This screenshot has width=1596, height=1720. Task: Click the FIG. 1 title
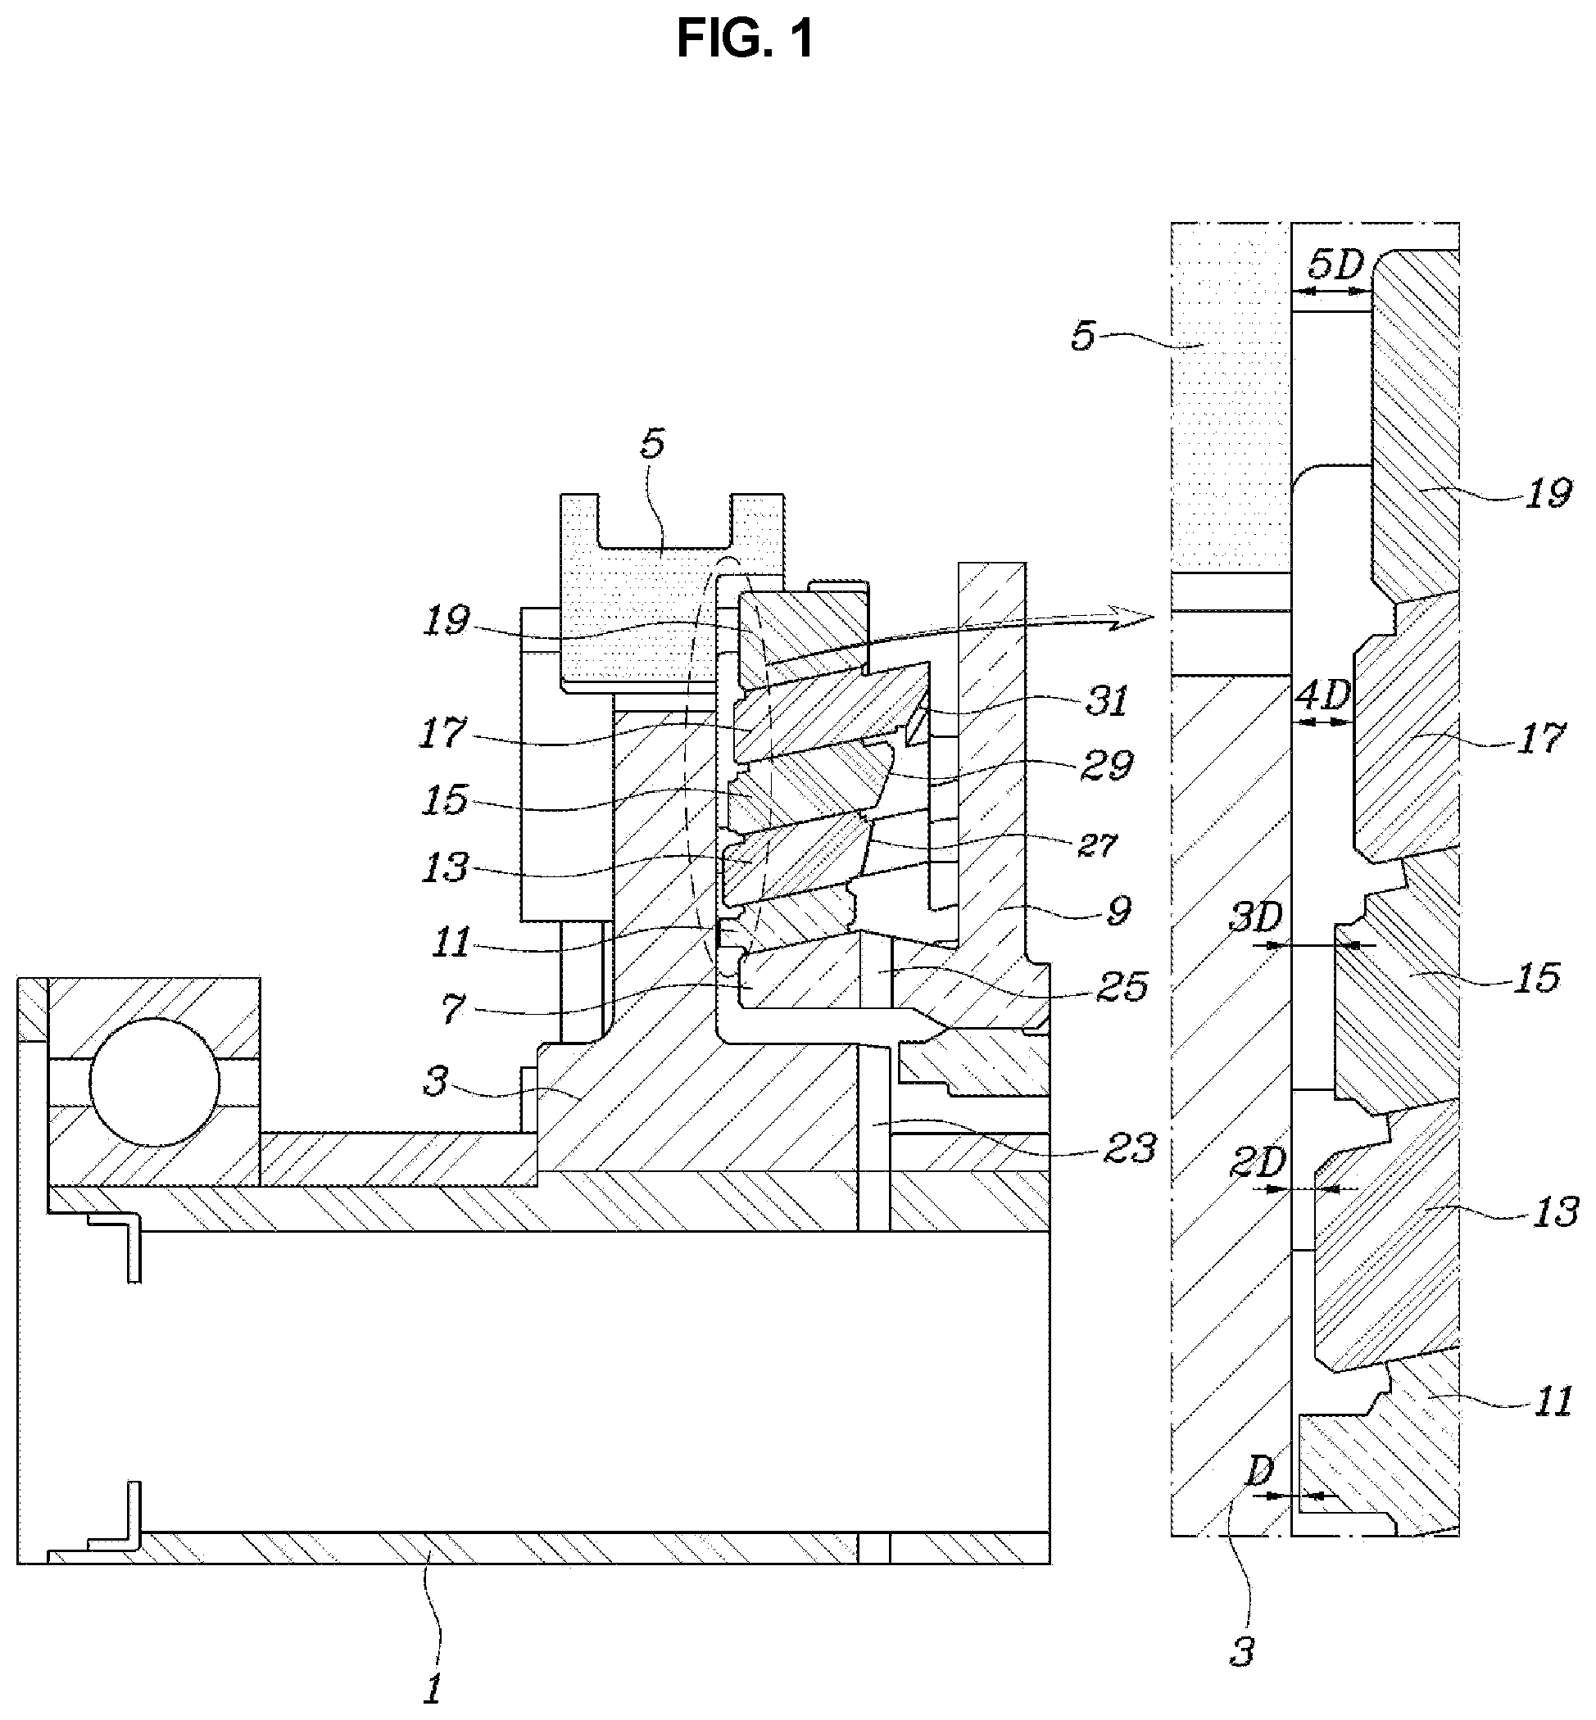[x=745, y=39]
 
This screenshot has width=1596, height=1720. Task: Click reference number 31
[x=1107, y=701]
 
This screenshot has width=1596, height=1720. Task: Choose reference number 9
[x=1118, y=910]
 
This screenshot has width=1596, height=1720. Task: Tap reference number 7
[x=452, y=1007]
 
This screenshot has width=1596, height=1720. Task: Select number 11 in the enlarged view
[x=1551, y=1402]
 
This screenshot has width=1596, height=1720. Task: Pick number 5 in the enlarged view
[x=1083, y=336]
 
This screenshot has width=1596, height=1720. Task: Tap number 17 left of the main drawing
[x=443, y=734]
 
